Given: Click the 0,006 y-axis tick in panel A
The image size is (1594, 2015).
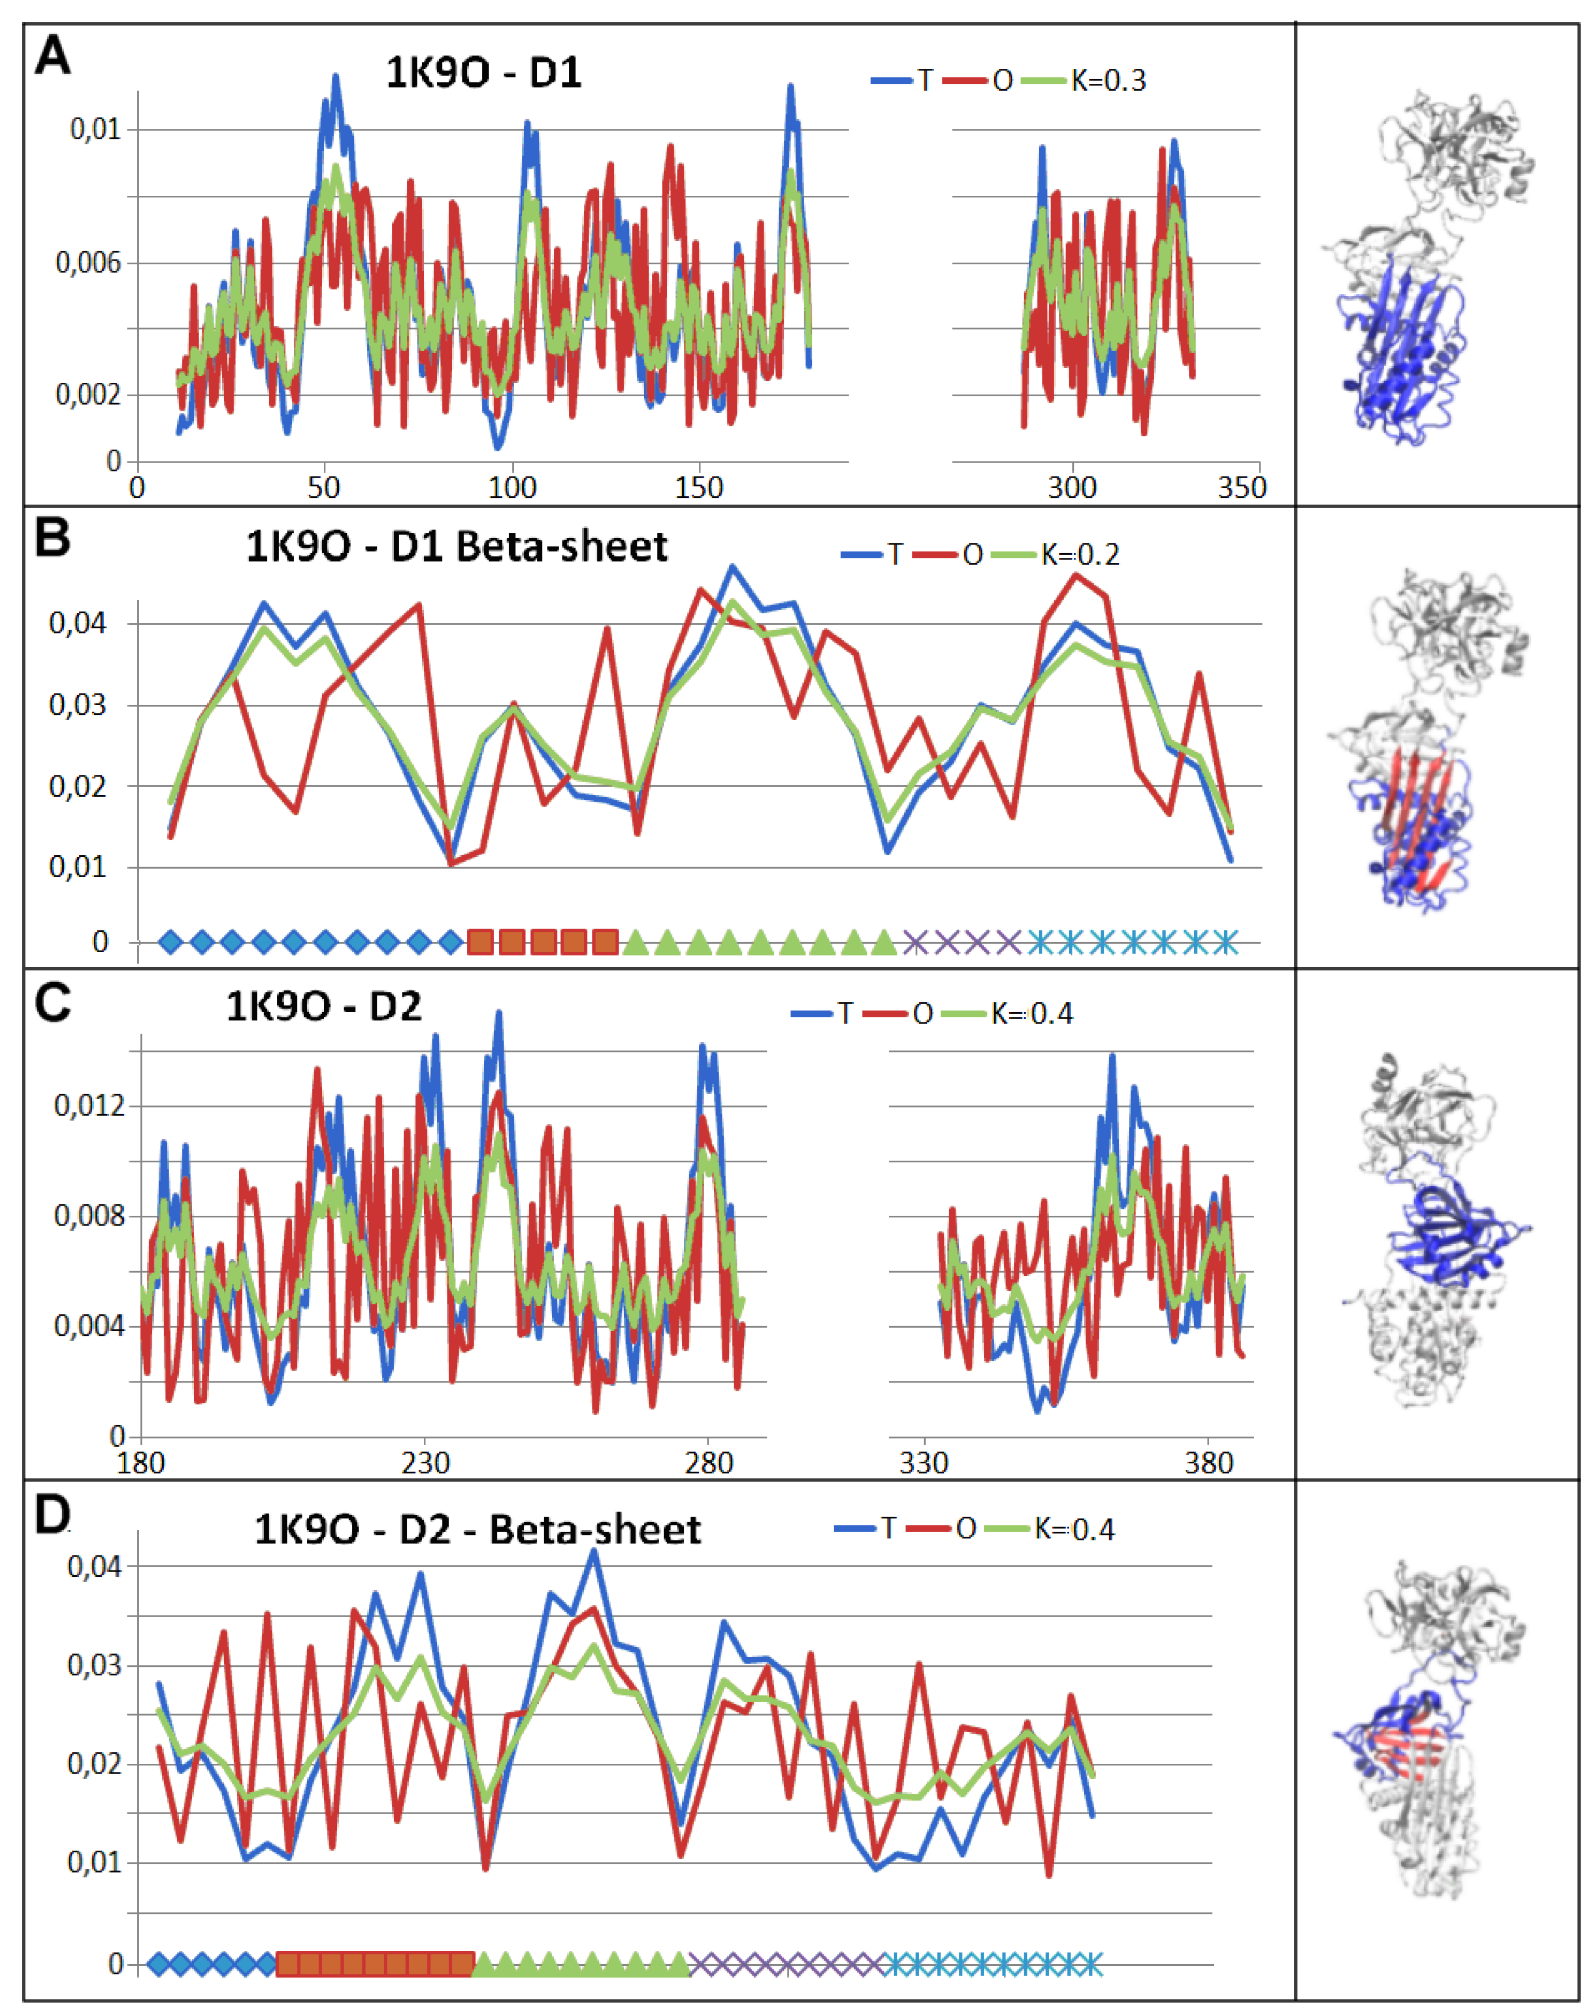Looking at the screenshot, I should click(x=89, y=263).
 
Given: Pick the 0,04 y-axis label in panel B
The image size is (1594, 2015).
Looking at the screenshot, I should click(x=78, y=624).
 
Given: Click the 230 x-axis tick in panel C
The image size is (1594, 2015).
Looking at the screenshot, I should click(x=425, y=1462).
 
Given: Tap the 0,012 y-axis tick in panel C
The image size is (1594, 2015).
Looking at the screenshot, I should click(x=89, y=1106).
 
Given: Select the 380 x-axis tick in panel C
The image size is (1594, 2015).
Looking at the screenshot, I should click(x=1209, y=1462).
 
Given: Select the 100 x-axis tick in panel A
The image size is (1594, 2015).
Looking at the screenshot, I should click(x=511, y=488).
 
